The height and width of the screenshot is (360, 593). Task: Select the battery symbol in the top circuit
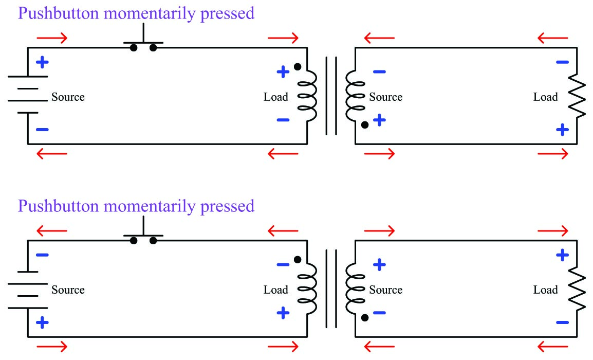click(x=28, y=95)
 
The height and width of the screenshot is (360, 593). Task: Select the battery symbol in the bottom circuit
click(x=28, y=289)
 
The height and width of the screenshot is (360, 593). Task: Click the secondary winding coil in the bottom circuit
click(x=353, y=289)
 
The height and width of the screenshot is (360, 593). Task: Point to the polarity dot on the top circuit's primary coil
click(x=297, y=66)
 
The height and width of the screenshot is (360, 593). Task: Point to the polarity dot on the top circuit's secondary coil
click(x=364, y=125)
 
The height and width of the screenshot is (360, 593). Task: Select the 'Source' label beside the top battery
click(x=68, y=97)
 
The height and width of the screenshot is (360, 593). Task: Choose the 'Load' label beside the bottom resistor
click(x=545, y=290)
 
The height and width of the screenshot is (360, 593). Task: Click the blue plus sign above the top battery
click(x=42, y=63)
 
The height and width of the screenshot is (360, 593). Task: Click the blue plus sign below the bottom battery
click(x=42, y=322)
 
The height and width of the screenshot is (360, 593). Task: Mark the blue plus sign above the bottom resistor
click(x=563, y=255)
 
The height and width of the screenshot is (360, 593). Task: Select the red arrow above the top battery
click(x=52, y=38)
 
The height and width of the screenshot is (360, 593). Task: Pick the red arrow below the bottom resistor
click(x=552, y=346)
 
